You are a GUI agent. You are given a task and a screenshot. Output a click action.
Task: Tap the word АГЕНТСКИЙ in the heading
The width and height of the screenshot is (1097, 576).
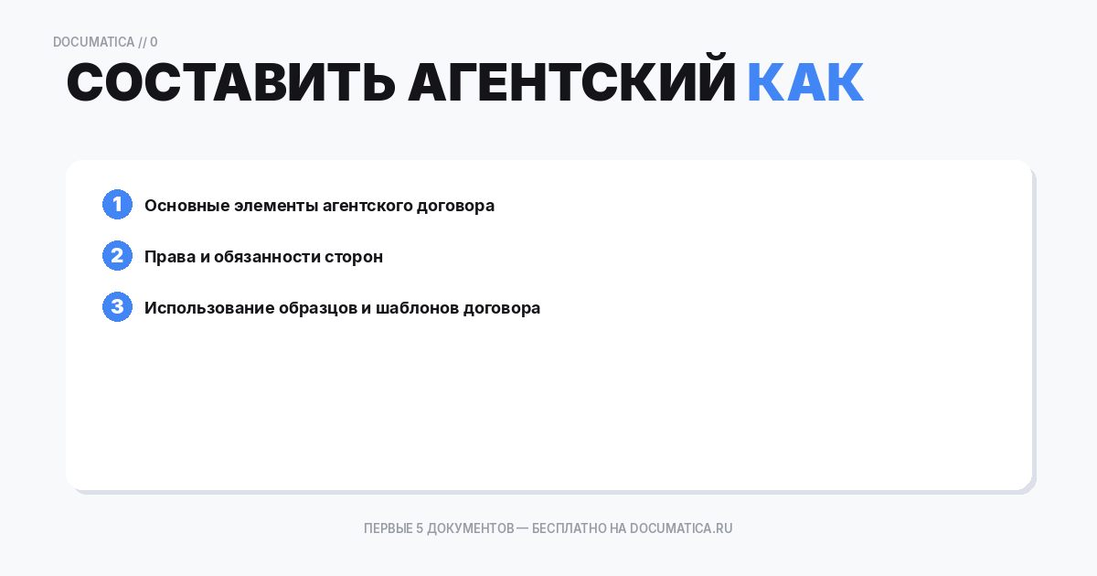(572, 83)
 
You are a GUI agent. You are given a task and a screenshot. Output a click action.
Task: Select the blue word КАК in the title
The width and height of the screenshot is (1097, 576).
(804, 83)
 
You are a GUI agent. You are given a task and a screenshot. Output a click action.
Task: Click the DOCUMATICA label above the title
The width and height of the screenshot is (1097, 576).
(93, 42)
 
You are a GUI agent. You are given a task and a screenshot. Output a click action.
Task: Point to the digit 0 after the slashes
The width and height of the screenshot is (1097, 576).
(154, 42)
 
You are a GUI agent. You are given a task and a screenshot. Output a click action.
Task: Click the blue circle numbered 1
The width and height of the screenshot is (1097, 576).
(117, 205)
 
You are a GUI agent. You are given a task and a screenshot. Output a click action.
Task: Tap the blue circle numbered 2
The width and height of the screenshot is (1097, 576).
(117, 256)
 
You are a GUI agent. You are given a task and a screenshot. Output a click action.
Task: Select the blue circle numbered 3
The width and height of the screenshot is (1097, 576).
(117, 307)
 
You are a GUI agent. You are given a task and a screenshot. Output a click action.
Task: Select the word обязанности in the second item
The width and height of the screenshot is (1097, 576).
(267, 257)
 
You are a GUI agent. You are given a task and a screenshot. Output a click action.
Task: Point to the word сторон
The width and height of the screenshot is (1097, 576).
(354, 257)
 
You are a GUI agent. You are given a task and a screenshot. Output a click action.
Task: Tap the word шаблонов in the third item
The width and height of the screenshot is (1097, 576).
(416, 308)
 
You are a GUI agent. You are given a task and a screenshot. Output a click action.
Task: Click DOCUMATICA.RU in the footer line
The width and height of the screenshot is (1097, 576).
(681, 528)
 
